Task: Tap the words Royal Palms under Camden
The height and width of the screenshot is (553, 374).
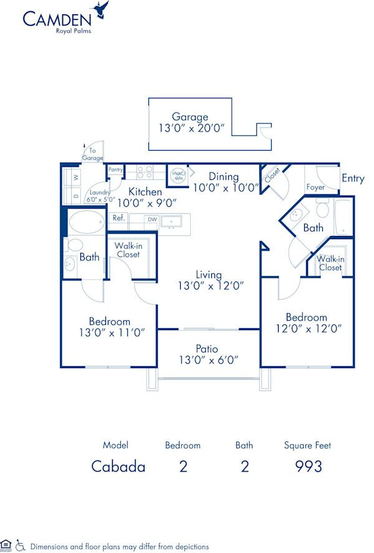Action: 73,31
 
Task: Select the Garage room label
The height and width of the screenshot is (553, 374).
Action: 190,116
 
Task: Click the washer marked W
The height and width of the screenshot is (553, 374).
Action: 76,177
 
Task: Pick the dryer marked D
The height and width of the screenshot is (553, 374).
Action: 76,196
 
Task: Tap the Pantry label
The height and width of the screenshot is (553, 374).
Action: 115,169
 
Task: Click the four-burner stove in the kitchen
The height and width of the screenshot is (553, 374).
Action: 145,173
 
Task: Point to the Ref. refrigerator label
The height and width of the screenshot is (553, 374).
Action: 118,218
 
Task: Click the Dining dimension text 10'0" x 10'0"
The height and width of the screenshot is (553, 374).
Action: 225,187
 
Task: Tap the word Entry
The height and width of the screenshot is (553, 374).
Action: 353,179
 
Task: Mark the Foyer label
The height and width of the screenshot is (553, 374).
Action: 315,187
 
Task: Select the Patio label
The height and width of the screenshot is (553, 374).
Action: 206,349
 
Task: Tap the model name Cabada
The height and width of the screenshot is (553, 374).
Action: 118,466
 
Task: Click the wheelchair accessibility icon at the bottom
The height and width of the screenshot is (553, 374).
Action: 20,545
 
